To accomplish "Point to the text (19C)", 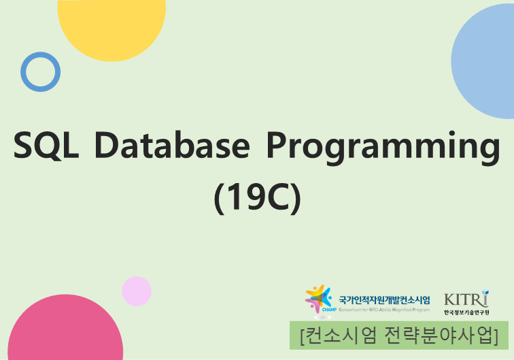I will (x=257, y=197).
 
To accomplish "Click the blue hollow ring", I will (x=40, y=71).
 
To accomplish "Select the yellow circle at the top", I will (x=112, y=24).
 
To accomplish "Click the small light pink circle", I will (x=137, y=291).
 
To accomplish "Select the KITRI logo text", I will (x=466, y=298).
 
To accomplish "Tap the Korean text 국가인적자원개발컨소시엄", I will (x=384, y=299).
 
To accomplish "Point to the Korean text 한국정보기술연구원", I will (x=466, y=312).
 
